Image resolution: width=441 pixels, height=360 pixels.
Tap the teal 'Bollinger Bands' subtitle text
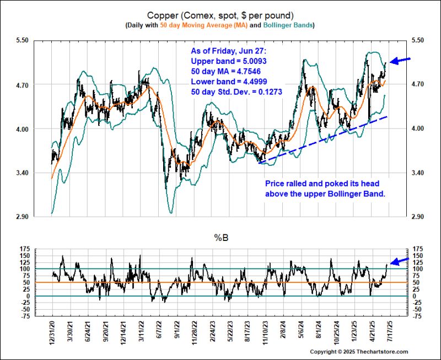(289, 25)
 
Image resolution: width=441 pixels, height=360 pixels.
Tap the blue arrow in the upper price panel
(400, 60)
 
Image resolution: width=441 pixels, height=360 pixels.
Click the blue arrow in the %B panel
(400, 260)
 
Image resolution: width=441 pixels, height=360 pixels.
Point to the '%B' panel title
(220, 239)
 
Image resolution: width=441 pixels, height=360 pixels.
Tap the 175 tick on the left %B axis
(25, 249)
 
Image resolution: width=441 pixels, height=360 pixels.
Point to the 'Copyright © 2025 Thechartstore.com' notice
(359, 352)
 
